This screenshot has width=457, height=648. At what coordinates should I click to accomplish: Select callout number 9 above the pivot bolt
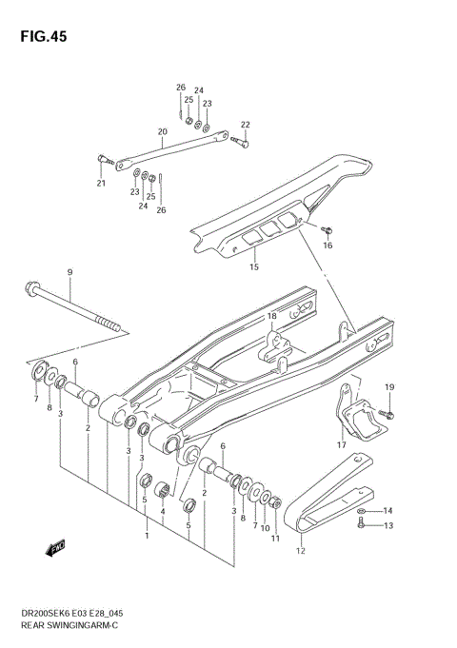click(70, 273)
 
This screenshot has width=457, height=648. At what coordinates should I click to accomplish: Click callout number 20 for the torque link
click(162, 131)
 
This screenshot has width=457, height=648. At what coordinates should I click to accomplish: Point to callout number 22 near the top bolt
click(245, 125)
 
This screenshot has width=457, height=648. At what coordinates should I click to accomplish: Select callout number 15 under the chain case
click(253, 267)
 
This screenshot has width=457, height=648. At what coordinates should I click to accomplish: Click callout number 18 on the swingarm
click(271, 316)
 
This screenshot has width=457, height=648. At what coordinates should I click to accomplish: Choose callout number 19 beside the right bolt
click(388, 386)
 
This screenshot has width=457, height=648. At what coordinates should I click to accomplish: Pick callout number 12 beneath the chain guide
click(301, 550)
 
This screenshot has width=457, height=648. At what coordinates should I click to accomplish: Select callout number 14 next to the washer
click(387, 511)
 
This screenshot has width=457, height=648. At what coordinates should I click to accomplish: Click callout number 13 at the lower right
click(387, 525)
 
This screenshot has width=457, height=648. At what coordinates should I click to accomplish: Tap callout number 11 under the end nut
click(276, 540)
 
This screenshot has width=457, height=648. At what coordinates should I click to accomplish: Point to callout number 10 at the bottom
click(265, 528)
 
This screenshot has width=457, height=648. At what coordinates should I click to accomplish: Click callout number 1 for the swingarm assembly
click(146, 536)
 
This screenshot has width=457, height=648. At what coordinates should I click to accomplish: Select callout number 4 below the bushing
click(164, 511)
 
